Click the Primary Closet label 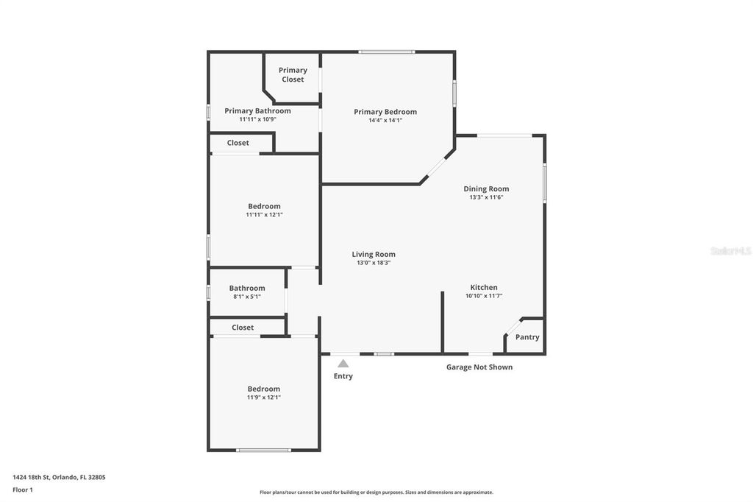[x=293, y=74]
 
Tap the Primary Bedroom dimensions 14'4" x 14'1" [x=385, y=120]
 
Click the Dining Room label [x=486, y=188]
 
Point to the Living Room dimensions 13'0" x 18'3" [x=374, y=263]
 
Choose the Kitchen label [x=484, y=287]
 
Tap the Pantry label [x=527, y=337]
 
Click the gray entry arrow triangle [x=343, y=363]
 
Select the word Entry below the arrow [x=343, y=376]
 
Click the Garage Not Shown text [x=479, y=367]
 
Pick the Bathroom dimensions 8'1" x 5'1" [x=247, y=297]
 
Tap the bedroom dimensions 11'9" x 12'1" [x=263, y=397]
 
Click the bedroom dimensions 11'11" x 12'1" [x=264, y=215]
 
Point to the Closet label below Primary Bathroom [x=238, y=143]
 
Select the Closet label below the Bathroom [x=243, y=328]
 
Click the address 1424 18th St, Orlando [x=59, y=477]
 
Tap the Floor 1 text [x=23, y=489]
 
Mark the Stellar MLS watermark [x=730, y=251]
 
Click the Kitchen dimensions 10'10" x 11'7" [x=484, y=296]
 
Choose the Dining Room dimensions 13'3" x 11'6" [x=486, y=197]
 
